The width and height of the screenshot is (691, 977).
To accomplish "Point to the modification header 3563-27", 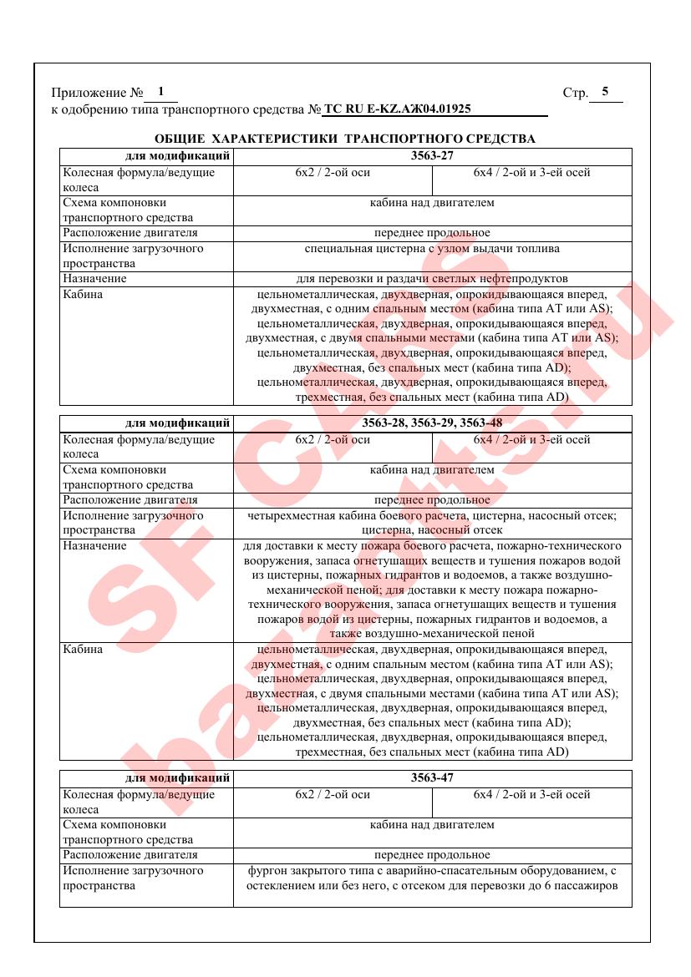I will coord(432,155).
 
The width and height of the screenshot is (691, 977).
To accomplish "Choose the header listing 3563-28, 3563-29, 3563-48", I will coord(432,423).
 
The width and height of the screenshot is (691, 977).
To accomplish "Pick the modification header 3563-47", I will coord(432,777).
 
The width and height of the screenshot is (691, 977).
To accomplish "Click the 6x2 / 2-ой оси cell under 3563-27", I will coord(333,173).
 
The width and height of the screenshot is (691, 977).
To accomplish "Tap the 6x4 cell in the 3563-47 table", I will coord(531,794).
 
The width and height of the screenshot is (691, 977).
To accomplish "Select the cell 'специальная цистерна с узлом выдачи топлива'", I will coord(432,248).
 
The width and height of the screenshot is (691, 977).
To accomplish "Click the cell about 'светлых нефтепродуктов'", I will coord(432,278).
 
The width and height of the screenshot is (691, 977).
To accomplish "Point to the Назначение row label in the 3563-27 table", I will coord(94,278).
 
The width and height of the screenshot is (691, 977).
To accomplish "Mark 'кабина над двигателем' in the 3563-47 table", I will coord(432,824).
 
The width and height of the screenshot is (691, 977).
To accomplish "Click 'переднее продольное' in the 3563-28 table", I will coord(432,500).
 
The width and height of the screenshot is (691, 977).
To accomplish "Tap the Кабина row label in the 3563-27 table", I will coord(84,294).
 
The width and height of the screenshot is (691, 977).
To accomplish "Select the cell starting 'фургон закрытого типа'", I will coord(432,878).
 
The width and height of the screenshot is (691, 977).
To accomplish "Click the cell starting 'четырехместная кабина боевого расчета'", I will coord(432,523).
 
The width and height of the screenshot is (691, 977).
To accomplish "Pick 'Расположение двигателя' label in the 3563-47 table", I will coord(130,854).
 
